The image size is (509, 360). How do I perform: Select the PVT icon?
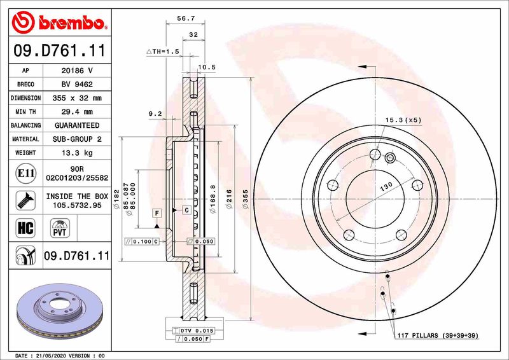[x=59, y=227]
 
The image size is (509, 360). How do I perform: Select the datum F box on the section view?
[x=156, y=211]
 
